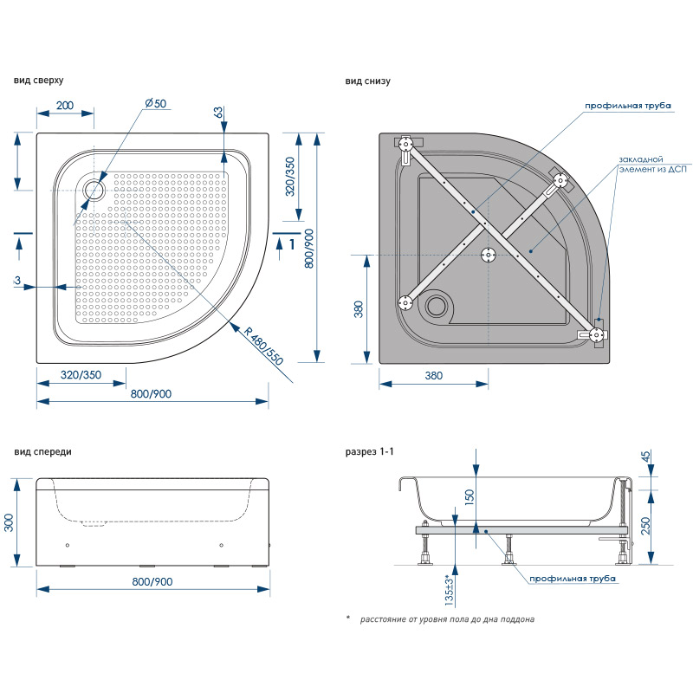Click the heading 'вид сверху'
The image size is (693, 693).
pos(38,81)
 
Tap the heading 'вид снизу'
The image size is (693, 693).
pos(368,81)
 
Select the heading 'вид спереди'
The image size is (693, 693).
pos(42,452)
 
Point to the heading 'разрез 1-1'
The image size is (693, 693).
pos(370,452)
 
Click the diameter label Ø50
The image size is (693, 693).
pos(156,104)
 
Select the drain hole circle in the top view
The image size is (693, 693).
pos(94,187)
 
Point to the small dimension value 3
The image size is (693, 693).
pos(17,280)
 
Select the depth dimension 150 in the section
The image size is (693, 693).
pos(469,496)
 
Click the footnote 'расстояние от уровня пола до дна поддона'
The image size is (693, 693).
pos(447,619)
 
